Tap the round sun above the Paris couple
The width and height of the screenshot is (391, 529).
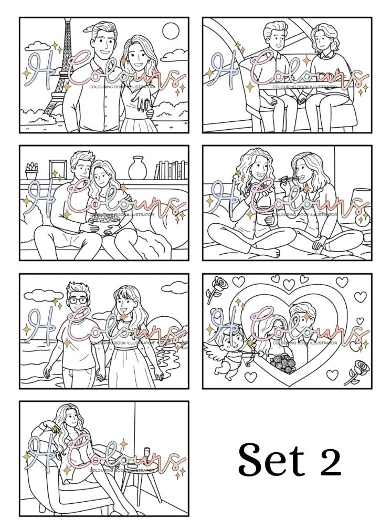171,32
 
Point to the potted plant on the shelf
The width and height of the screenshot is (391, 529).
32,170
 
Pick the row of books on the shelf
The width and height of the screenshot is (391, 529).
171,170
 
